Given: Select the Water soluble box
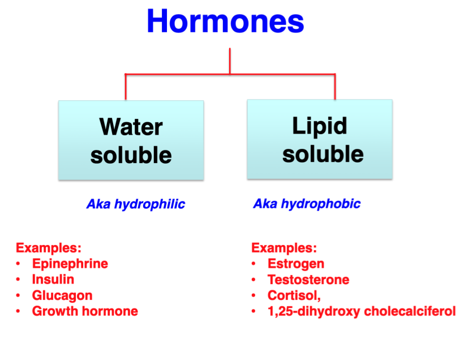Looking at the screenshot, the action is [131, 140].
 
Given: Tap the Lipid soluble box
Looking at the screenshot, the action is [320, 139].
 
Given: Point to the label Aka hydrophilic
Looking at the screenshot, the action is [135, 204].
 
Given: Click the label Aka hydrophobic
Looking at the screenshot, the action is [307, 204].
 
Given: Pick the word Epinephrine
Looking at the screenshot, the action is [70, 264].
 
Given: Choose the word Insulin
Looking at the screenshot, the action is [53, 280].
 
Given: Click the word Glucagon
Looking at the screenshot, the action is [62, 295].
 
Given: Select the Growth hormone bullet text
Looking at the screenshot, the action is [85, 311].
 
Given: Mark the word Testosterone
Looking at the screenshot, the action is [308, 280].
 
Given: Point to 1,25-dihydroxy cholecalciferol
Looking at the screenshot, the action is [362, 311].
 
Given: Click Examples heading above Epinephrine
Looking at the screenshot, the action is [49, 248].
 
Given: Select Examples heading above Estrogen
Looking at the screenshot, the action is [284, 248].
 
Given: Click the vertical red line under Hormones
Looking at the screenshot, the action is [230, 61].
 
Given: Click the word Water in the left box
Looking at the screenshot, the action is [131, 127].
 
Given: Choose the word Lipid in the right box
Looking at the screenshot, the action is [320, 126].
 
